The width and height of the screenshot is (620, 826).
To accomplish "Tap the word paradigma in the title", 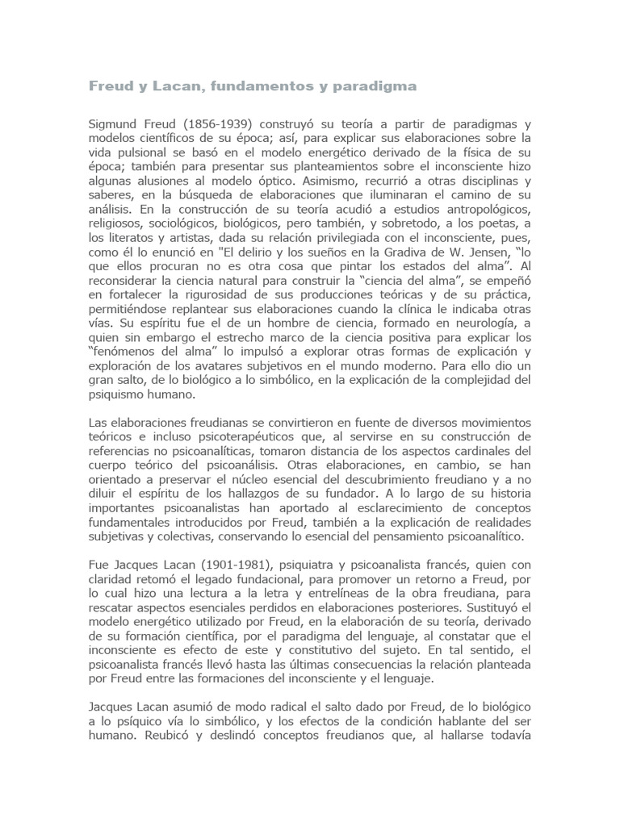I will pos(379,86).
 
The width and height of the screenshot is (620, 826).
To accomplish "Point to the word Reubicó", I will pos(167,735).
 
